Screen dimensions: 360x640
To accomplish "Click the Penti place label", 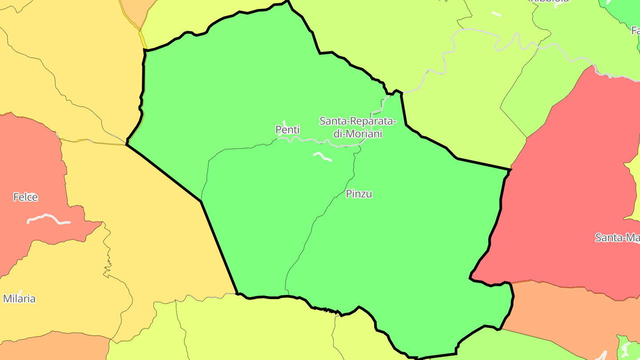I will pos(288,130).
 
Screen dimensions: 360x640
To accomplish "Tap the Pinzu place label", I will pos(359,194).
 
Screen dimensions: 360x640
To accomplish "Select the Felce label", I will pos(25,197).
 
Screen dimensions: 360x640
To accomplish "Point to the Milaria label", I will pos(19,299).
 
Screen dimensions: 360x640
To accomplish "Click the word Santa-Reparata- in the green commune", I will pos(357,121).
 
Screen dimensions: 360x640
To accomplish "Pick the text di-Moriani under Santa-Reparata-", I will pos(358,133).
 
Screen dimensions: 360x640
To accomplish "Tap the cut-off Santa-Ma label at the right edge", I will pos(617,237).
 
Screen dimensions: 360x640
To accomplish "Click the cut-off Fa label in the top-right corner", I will pos(635,30).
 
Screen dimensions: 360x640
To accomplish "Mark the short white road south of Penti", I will pos(322,156).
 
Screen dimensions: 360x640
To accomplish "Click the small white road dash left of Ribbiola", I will pos(496,14).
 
